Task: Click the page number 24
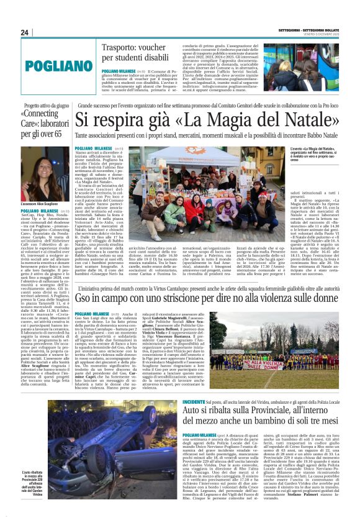point(24,32)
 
